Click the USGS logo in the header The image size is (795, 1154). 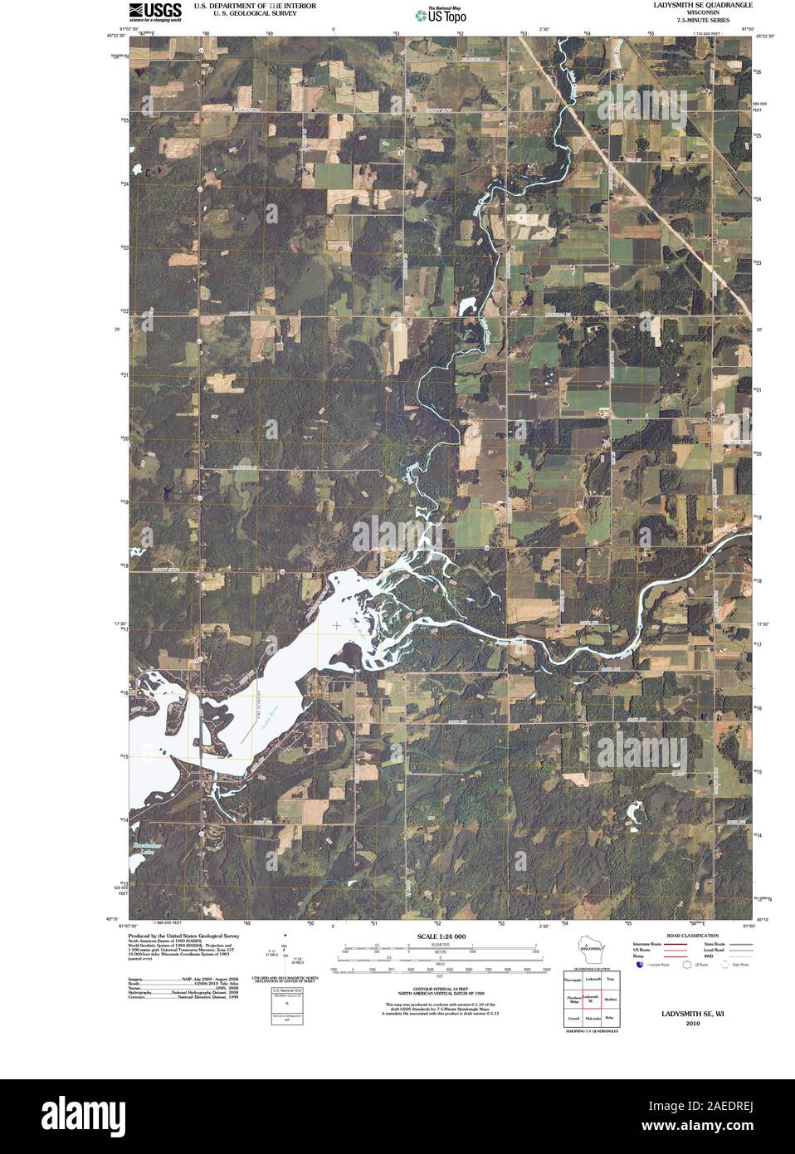pos(155,11)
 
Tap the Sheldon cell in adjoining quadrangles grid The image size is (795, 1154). pos(611,999)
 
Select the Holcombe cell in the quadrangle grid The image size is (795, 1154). pos(591,1017)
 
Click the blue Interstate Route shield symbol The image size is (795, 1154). pos(639,965)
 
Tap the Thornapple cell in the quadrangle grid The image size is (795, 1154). pos(572,980)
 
